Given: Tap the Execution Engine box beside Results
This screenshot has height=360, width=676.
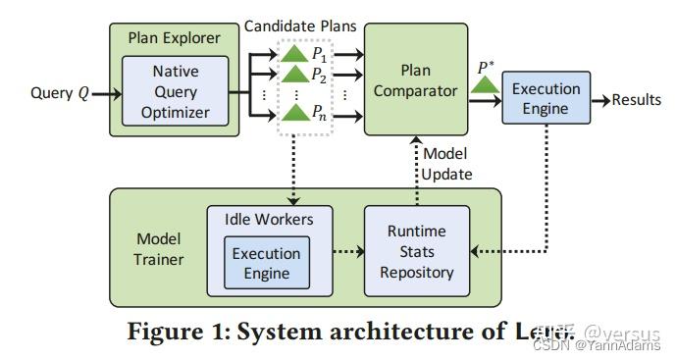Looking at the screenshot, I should click(x=546, y=98).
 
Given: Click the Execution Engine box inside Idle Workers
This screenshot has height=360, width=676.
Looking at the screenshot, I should click(x=266, y=262).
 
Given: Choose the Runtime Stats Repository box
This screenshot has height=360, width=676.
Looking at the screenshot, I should click(x=418, y=251).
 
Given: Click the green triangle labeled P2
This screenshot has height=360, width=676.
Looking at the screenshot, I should click(x=293, y=76).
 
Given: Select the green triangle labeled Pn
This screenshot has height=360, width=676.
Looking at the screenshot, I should click(x=293, y=115).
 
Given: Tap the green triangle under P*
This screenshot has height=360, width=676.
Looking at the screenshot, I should click(x=482, y=87).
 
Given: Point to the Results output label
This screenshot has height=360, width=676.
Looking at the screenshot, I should click(x=639, y=99).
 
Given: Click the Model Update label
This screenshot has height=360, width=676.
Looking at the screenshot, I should click(x=446, y=163).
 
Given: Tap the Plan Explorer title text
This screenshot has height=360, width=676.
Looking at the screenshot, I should click(x=175, y=38).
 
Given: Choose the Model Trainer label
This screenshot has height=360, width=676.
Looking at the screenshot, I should click(x=157, y=251).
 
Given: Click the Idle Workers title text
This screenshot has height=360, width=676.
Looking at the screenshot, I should click(x=267, y=217).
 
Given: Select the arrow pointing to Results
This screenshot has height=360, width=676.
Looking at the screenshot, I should click(x=599, y=99).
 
